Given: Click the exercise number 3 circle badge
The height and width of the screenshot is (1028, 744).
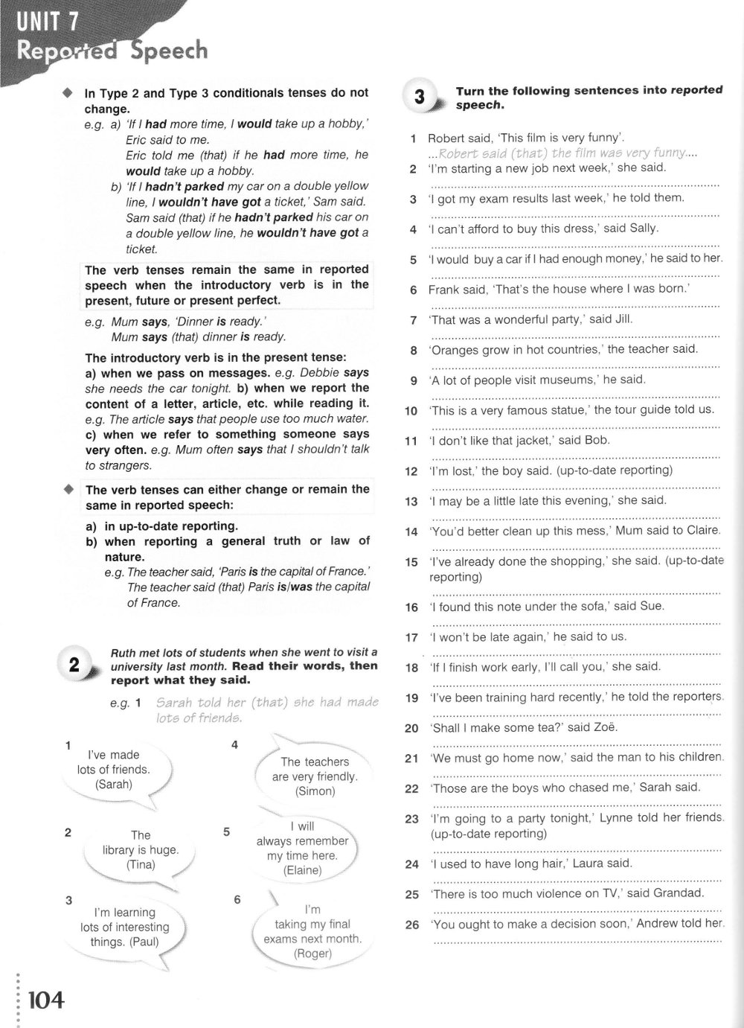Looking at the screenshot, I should [x=419, y=98].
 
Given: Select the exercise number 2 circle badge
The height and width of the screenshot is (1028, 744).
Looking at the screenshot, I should [x=74, y=665].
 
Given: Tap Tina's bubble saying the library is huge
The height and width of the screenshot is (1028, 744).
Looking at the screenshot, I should [x=141, y=850].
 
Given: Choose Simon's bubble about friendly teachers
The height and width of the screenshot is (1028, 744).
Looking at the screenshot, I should [x=315, y=776].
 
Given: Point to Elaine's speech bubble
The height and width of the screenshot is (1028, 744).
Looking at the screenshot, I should [x=302, y=849].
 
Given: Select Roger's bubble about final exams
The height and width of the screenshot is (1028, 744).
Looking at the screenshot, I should [x=312, y=931].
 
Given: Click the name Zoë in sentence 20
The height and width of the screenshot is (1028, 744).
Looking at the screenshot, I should [x=603, y=727].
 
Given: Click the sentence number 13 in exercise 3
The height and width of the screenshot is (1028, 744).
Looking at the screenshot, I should [x=411, y=502].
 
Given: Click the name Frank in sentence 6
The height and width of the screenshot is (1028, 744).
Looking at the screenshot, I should [x=444, y=290].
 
